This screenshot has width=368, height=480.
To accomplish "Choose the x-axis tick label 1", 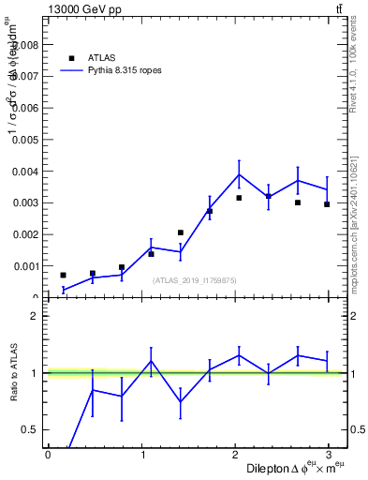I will point(142,456).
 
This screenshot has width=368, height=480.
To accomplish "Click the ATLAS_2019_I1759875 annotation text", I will point(195,280).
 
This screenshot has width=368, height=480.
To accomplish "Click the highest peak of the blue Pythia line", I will point(239,174).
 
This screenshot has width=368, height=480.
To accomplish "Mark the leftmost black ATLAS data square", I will point(63,275).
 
